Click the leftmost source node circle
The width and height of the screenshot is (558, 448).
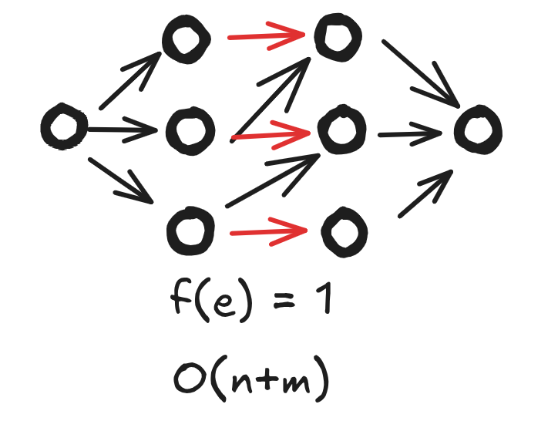pos(63,128)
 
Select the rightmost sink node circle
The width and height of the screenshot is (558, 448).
pos(478,127)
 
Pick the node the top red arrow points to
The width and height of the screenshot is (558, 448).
pos(337,36)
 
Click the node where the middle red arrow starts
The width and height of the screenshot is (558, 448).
pos(188,130)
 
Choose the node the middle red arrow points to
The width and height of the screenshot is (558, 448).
pos(338,131)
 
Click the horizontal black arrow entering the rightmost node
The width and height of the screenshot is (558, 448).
pos(408,133)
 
